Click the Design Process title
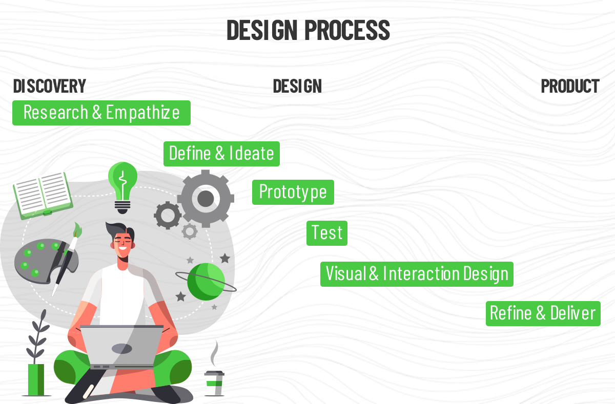[308, 30]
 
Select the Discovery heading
[50, 86]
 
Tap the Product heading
[570, 86]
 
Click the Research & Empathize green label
[101, 113]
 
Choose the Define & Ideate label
[221, 154]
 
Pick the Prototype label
[293, 192]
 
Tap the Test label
[327, 233]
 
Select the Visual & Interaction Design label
[417, 274]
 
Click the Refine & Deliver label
[543, 313]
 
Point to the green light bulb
[122, 187]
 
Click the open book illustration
[43, 196]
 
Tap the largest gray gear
[206, 199]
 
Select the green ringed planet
[206, 282]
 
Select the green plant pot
[36, 380]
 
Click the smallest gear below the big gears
[190, 231]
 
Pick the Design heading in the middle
[297, 86]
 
